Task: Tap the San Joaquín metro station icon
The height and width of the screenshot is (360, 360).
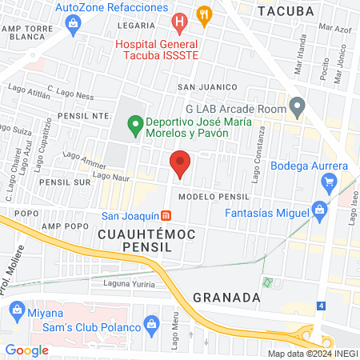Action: point(166,215)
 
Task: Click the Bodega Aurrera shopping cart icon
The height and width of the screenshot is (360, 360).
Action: point(328,183)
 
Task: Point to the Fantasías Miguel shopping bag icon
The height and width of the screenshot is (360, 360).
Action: point(319,214)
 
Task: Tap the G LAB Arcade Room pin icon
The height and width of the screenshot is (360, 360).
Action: point(298,105)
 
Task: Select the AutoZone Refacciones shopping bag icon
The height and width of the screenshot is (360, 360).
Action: point(74,24)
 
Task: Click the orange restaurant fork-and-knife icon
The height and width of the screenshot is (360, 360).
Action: point(206,14)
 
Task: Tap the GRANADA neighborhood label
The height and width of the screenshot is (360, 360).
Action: point(226,297)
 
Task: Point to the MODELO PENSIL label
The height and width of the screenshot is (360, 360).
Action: point(214,196)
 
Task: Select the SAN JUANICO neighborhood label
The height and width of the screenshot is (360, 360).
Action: point(207,86)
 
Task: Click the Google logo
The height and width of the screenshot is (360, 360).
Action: point(27,350)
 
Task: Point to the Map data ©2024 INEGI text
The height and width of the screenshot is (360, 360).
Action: point(311,354)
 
